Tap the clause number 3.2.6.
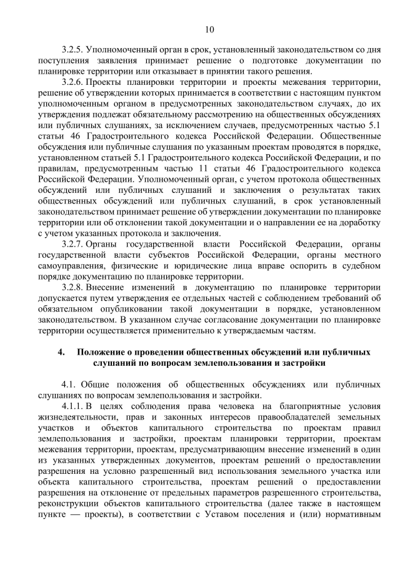pyautogui.click(x=72, y=82)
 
